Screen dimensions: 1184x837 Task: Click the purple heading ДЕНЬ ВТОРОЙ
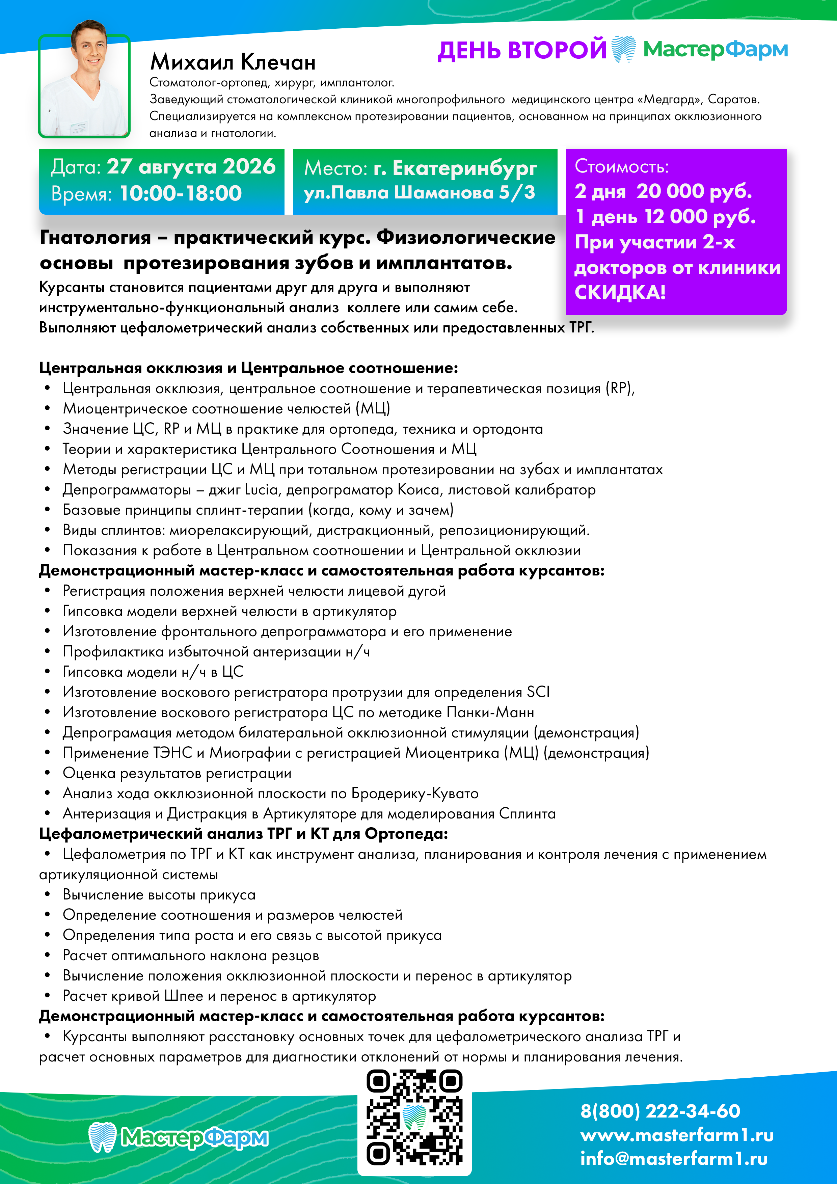[521, 50]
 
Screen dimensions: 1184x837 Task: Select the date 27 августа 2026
[191, 167]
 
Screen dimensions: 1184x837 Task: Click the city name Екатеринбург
[464, 168]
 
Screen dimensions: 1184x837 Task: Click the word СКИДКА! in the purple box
[620, 292]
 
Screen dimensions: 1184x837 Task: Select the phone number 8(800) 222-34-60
[660, 1111]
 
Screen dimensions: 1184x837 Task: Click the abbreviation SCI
[538, 692]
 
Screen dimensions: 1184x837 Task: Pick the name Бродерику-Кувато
[415, 793]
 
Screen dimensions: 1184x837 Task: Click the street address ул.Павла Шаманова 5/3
[419, 192]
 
